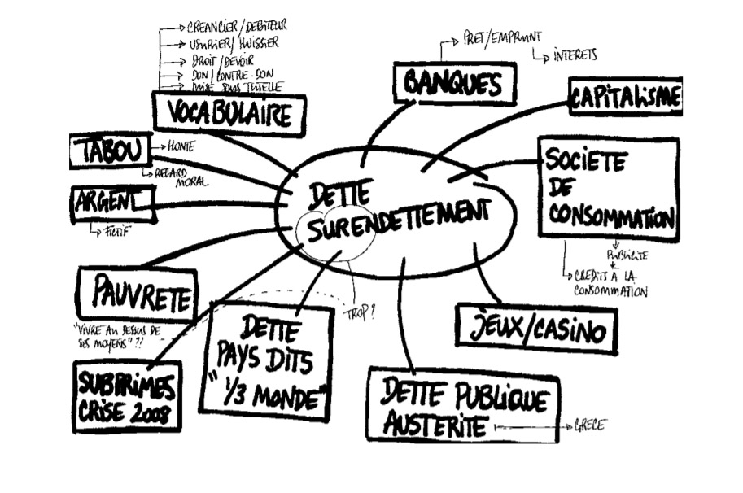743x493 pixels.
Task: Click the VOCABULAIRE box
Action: coord(229,114)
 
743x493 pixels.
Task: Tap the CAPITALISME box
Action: coord(625,98)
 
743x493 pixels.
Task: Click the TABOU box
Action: coord(111,151)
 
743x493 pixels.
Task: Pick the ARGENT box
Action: coord(112,203)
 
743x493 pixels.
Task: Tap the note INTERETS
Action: coord(575,55)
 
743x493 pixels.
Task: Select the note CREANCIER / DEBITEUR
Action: coord(237,27)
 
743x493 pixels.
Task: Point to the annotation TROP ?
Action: coord(359,310)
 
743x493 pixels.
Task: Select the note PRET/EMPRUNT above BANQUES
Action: coord(500,37)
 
